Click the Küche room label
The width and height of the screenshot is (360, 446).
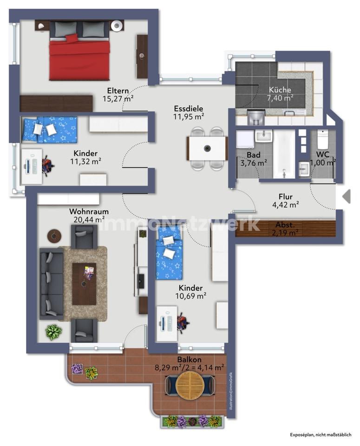pos(280,90)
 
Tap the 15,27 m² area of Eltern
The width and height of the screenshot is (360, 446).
pos(118,98)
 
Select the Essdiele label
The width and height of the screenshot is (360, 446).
pos(189,108)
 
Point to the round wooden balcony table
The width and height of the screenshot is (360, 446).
pos(190,386)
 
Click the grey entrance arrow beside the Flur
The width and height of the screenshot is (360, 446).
pos(347,196)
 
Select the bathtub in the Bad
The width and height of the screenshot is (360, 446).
pos(284,154)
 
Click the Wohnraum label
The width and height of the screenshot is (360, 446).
pos(89,212)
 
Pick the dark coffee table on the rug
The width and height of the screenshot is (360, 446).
pos(84,284)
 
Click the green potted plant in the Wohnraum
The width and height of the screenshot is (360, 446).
pos(53,332)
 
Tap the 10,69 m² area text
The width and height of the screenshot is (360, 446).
pos(191,296)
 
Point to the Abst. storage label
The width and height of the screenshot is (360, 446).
pos(285,225)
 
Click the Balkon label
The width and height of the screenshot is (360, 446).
pos(190,360)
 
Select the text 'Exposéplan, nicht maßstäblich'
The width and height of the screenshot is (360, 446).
pos(321,435)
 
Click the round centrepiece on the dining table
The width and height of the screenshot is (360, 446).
pos(208,148)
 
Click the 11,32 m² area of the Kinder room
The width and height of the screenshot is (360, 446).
pos(86,162)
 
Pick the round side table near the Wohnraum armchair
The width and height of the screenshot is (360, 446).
pos(54,236)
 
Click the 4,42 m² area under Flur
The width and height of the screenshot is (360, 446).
pos(286,204)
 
